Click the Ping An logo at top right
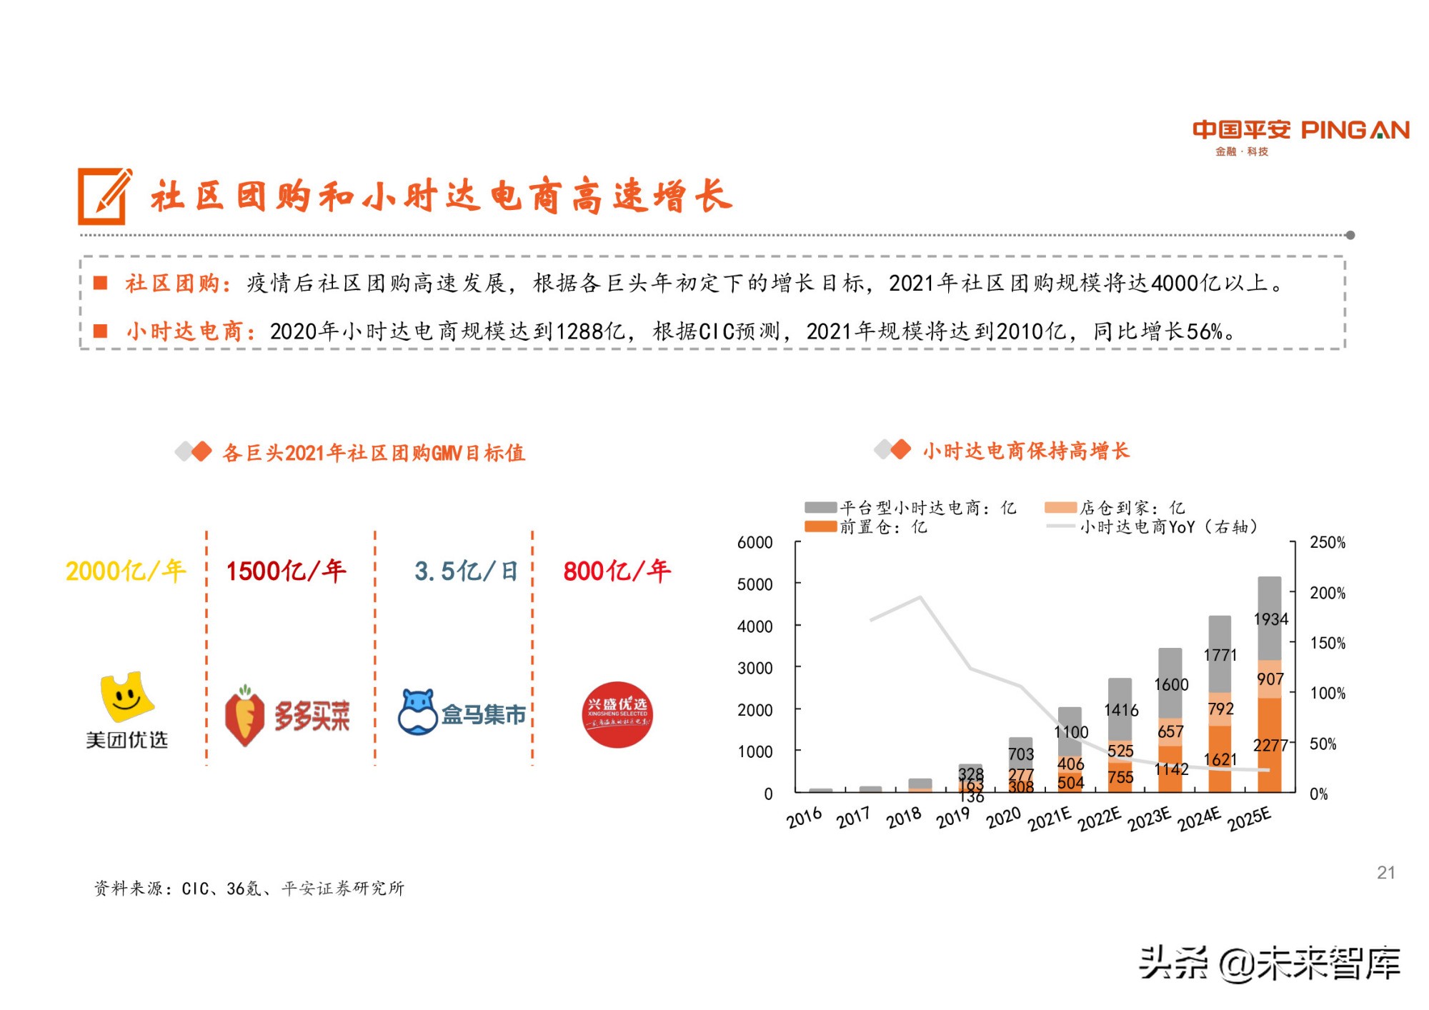point(1300,136)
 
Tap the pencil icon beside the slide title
point(104,196)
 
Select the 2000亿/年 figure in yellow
point(125,571)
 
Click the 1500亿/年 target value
point(286,571)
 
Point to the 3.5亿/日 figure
point(466,571)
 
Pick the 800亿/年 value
point(617,571)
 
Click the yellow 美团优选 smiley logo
point(126,696)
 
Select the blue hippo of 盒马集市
point(418,712)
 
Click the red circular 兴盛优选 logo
point(617,714)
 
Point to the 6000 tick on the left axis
point(755,542)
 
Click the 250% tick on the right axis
point(1327,542)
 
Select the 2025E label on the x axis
point(1250,819)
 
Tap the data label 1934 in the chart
point(1270,619)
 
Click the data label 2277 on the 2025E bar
point(1270,746)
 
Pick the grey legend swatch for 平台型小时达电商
point(820,507)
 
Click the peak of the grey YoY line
point(920,597)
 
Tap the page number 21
point(1385,872)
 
